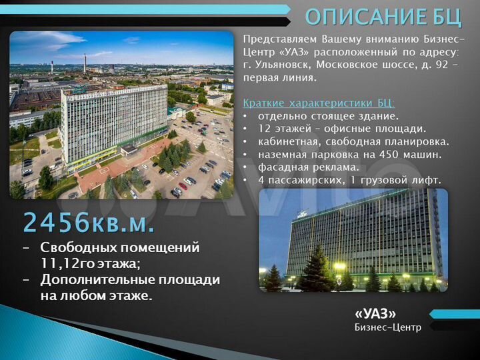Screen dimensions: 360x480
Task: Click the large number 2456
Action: [x=54, y=222]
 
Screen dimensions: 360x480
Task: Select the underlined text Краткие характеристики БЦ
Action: [x=319, y=103]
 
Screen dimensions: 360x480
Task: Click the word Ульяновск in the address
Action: [x=282, y=65]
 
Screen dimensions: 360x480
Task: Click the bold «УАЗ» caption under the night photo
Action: [x=375, y=313]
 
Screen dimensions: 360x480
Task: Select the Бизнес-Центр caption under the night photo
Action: [x=388, y=327]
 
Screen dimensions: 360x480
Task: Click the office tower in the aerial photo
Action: [x=113, y=120]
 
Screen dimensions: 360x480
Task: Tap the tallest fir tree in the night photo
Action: [x=317, y=267]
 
